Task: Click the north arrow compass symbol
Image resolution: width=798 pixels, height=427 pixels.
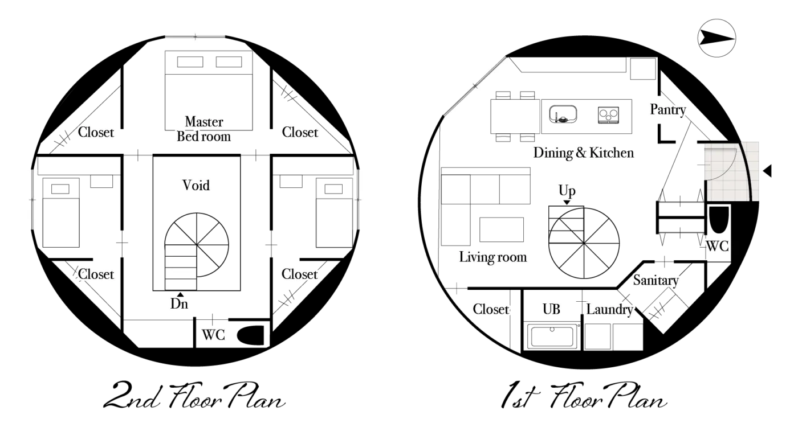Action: [x=716, y=38]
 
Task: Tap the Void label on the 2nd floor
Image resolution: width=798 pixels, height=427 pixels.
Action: [x=196, y=186]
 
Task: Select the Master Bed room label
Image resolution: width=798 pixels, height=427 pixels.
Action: [x=204, y=129]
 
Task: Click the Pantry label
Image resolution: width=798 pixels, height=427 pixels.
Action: [x=668, y=109]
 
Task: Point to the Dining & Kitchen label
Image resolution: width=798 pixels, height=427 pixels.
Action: [x=584, y=153]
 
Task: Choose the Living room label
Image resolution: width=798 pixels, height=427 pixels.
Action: [x=492, y=257]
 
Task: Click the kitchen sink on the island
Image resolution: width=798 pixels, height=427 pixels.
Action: [x=563, y=114]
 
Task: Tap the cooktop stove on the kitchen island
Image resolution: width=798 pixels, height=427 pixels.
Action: [x=609, y=115]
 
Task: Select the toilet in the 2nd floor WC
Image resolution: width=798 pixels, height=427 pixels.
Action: [x=250, y=335]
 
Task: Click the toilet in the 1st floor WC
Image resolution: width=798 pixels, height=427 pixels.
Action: [x=719, y=220]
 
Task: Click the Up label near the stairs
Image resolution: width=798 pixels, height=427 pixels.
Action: [x=567, y=191]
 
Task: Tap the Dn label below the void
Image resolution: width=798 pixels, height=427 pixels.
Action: [x=179, y=304]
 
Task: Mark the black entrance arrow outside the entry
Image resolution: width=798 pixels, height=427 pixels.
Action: [x=767, y=171]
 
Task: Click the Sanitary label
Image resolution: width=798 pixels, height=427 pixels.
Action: [x=655, y=280]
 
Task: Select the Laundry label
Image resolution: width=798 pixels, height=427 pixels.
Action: [x=609, y=309]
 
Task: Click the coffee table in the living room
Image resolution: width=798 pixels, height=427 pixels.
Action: [x=502, y=229]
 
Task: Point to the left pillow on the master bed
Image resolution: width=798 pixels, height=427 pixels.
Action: [x=190, y=62]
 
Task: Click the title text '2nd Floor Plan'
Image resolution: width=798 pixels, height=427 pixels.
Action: [x=194, y=395]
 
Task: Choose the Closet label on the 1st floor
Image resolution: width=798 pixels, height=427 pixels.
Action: [x=491, y=309]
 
